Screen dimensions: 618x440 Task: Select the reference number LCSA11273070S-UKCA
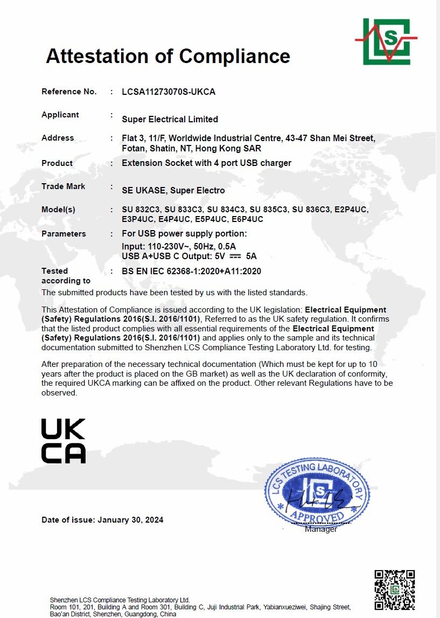[x=169, y=92]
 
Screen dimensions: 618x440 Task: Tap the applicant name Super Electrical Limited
[x=170, y=119]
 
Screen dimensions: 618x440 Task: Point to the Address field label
[x=58, y=138]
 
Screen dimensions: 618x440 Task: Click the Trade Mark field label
[x=64, y=186]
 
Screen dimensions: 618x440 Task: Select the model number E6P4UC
[x=247, y=219]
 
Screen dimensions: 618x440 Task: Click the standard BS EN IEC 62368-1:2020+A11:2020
[x=191, y=271]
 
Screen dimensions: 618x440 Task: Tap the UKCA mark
[x=64, y=441]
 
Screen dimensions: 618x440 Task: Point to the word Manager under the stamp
[x=320, y=529]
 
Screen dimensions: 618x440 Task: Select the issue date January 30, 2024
[x=130, y=520]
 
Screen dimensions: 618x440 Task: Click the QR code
[x=394, y=589]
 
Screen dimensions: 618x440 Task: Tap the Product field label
[x=57, y=163]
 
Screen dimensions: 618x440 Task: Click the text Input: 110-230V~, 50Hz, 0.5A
[x=179, y=246]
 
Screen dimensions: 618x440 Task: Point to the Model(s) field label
[x=58, y=209]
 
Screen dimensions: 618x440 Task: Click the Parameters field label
[x=64, y=234]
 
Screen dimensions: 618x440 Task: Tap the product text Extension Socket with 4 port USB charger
[x=206, y=163]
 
